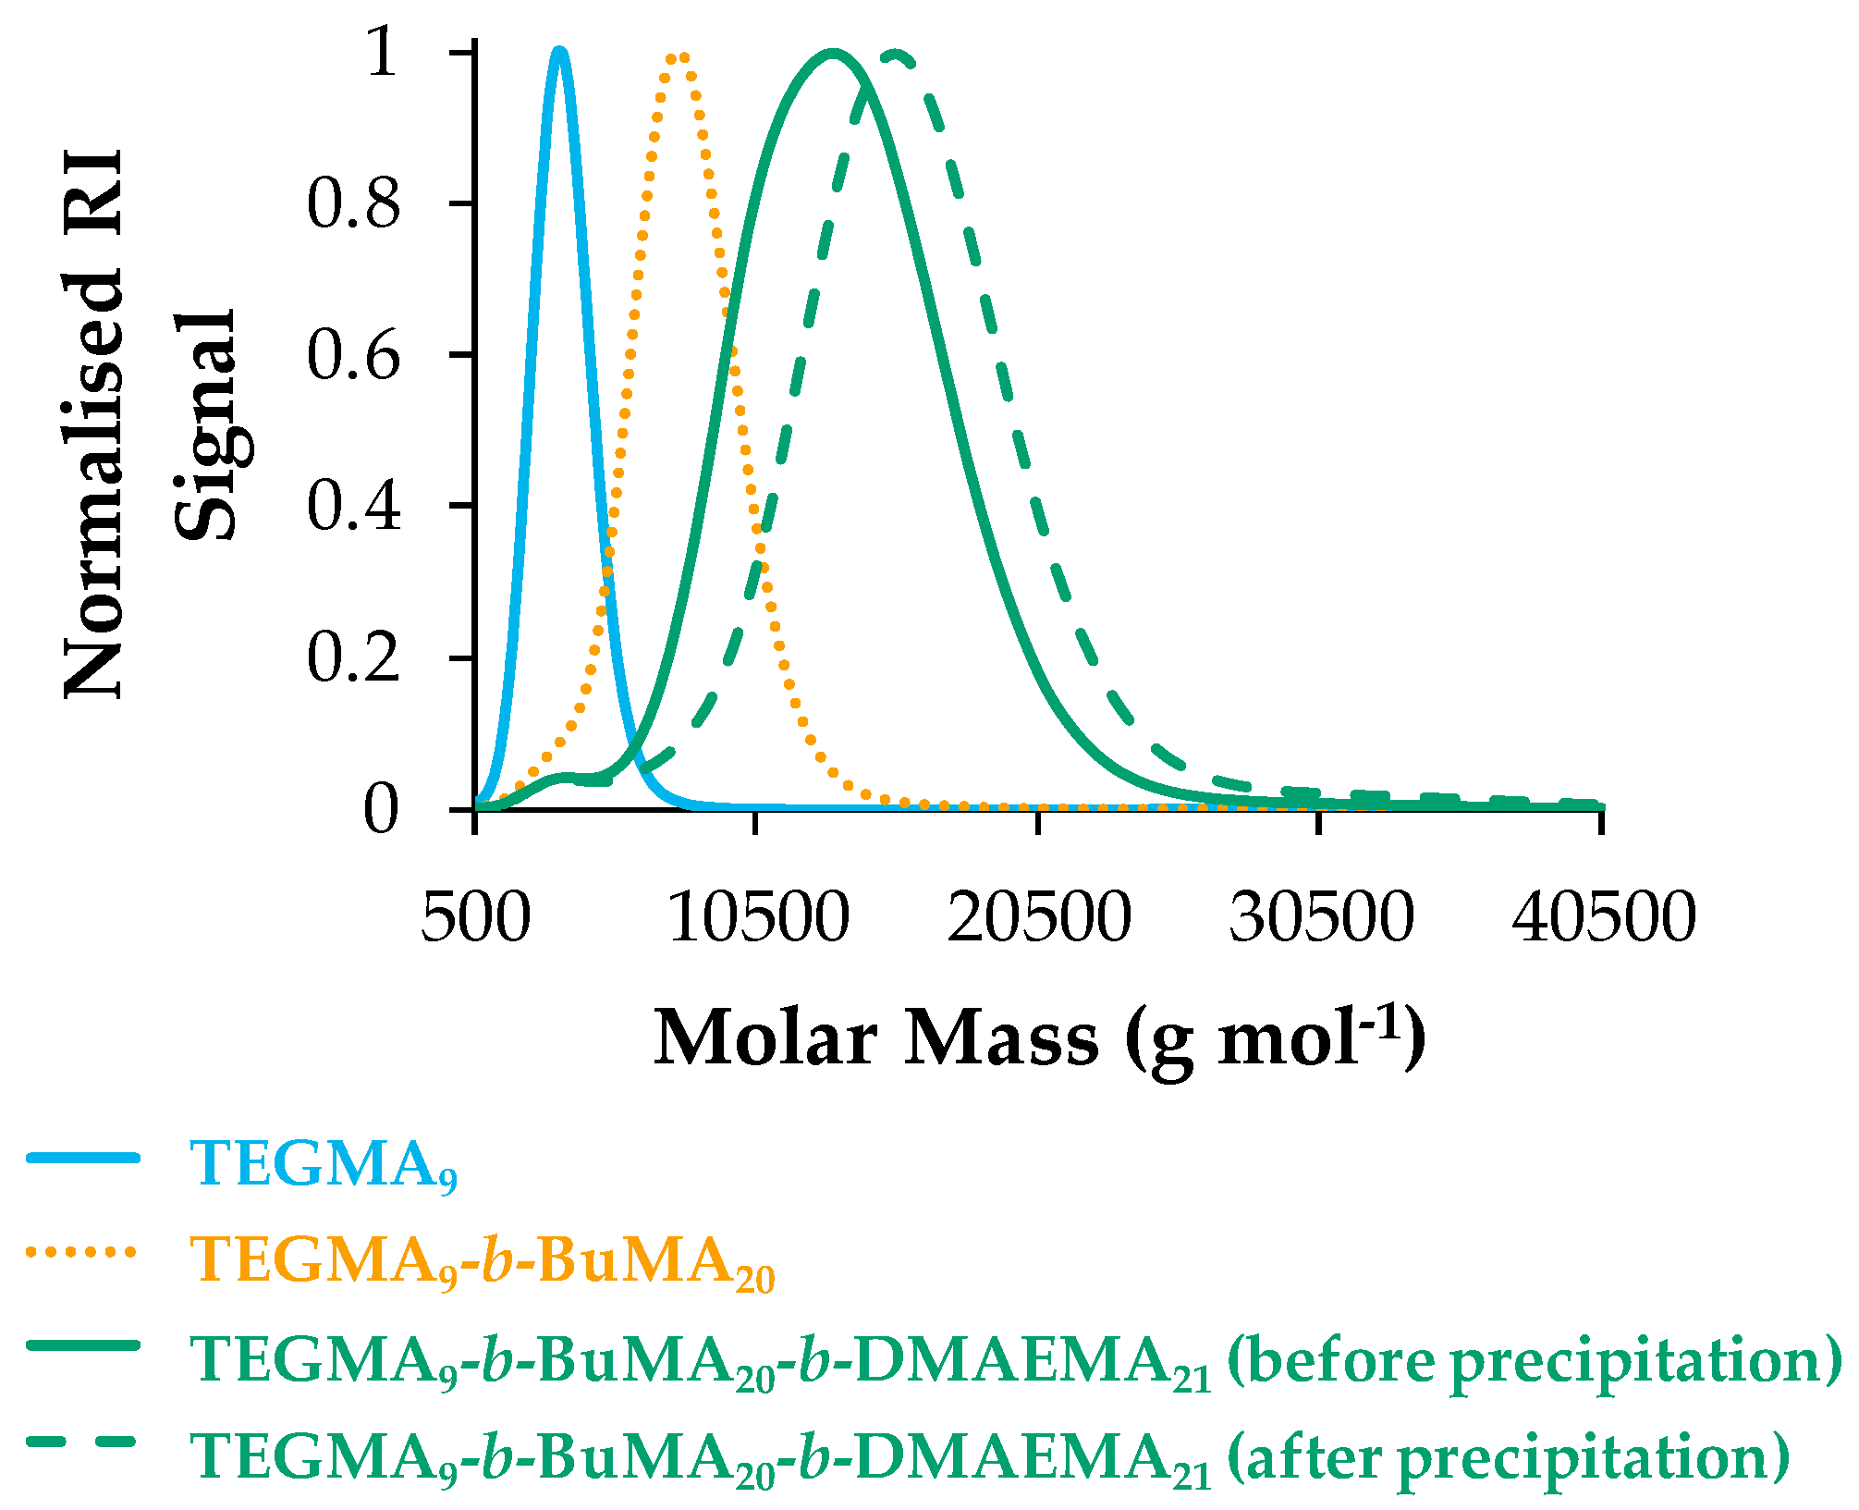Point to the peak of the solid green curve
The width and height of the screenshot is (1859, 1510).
pyautogui.click(x=833, y=54)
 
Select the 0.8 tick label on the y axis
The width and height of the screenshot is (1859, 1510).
pyautogui.click(x=353, y=203)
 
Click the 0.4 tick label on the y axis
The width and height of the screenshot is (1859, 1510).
pyautogui.click(x=353, y=506)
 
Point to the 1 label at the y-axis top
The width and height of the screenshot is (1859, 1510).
pyautogui.click(x=382, y=52)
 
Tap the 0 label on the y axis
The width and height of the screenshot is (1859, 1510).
pyautogui.click(x=380, y=809)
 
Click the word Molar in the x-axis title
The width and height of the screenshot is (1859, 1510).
pyautogui.click(x=765, y=1038)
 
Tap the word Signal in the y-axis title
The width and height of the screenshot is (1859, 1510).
pyautogui.click(x=205, y=425)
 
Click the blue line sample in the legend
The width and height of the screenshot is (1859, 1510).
pyautogui.click(x=83, y=1158)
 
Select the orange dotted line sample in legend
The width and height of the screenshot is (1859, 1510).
pyautogui.click(x=83, y=1252)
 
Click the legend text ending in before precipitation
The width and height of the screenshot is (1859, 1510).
pyautogui.click(x=1015, y=1359)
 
